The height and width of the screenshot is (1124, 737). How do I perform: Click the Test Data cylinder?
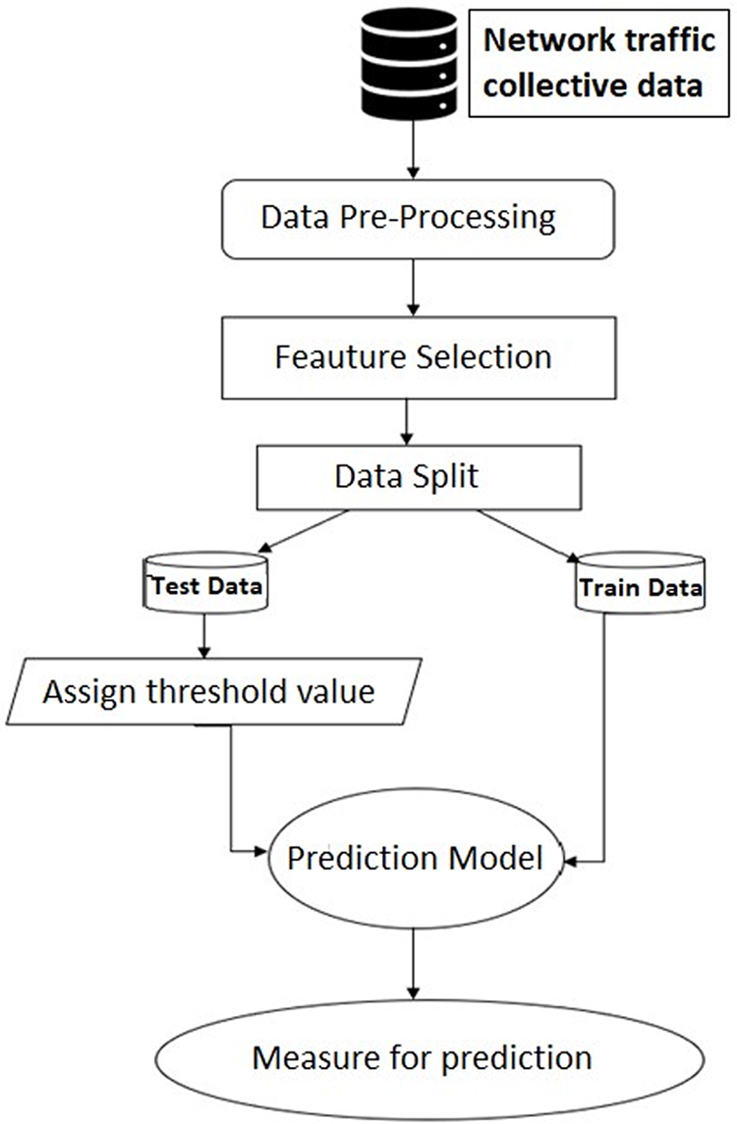point(205,587)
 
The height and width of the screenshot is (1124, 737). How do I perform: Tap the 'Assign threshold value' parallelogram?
point(209,691)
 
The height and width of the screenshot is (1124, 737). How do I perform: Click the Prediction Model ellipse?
point(415,860)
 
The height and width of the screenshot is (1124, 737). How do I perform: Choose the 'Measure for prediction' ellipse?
point(423,1058)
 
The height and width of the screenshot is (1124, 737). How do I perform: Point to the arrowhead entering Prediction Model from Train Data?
point(572,863)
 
